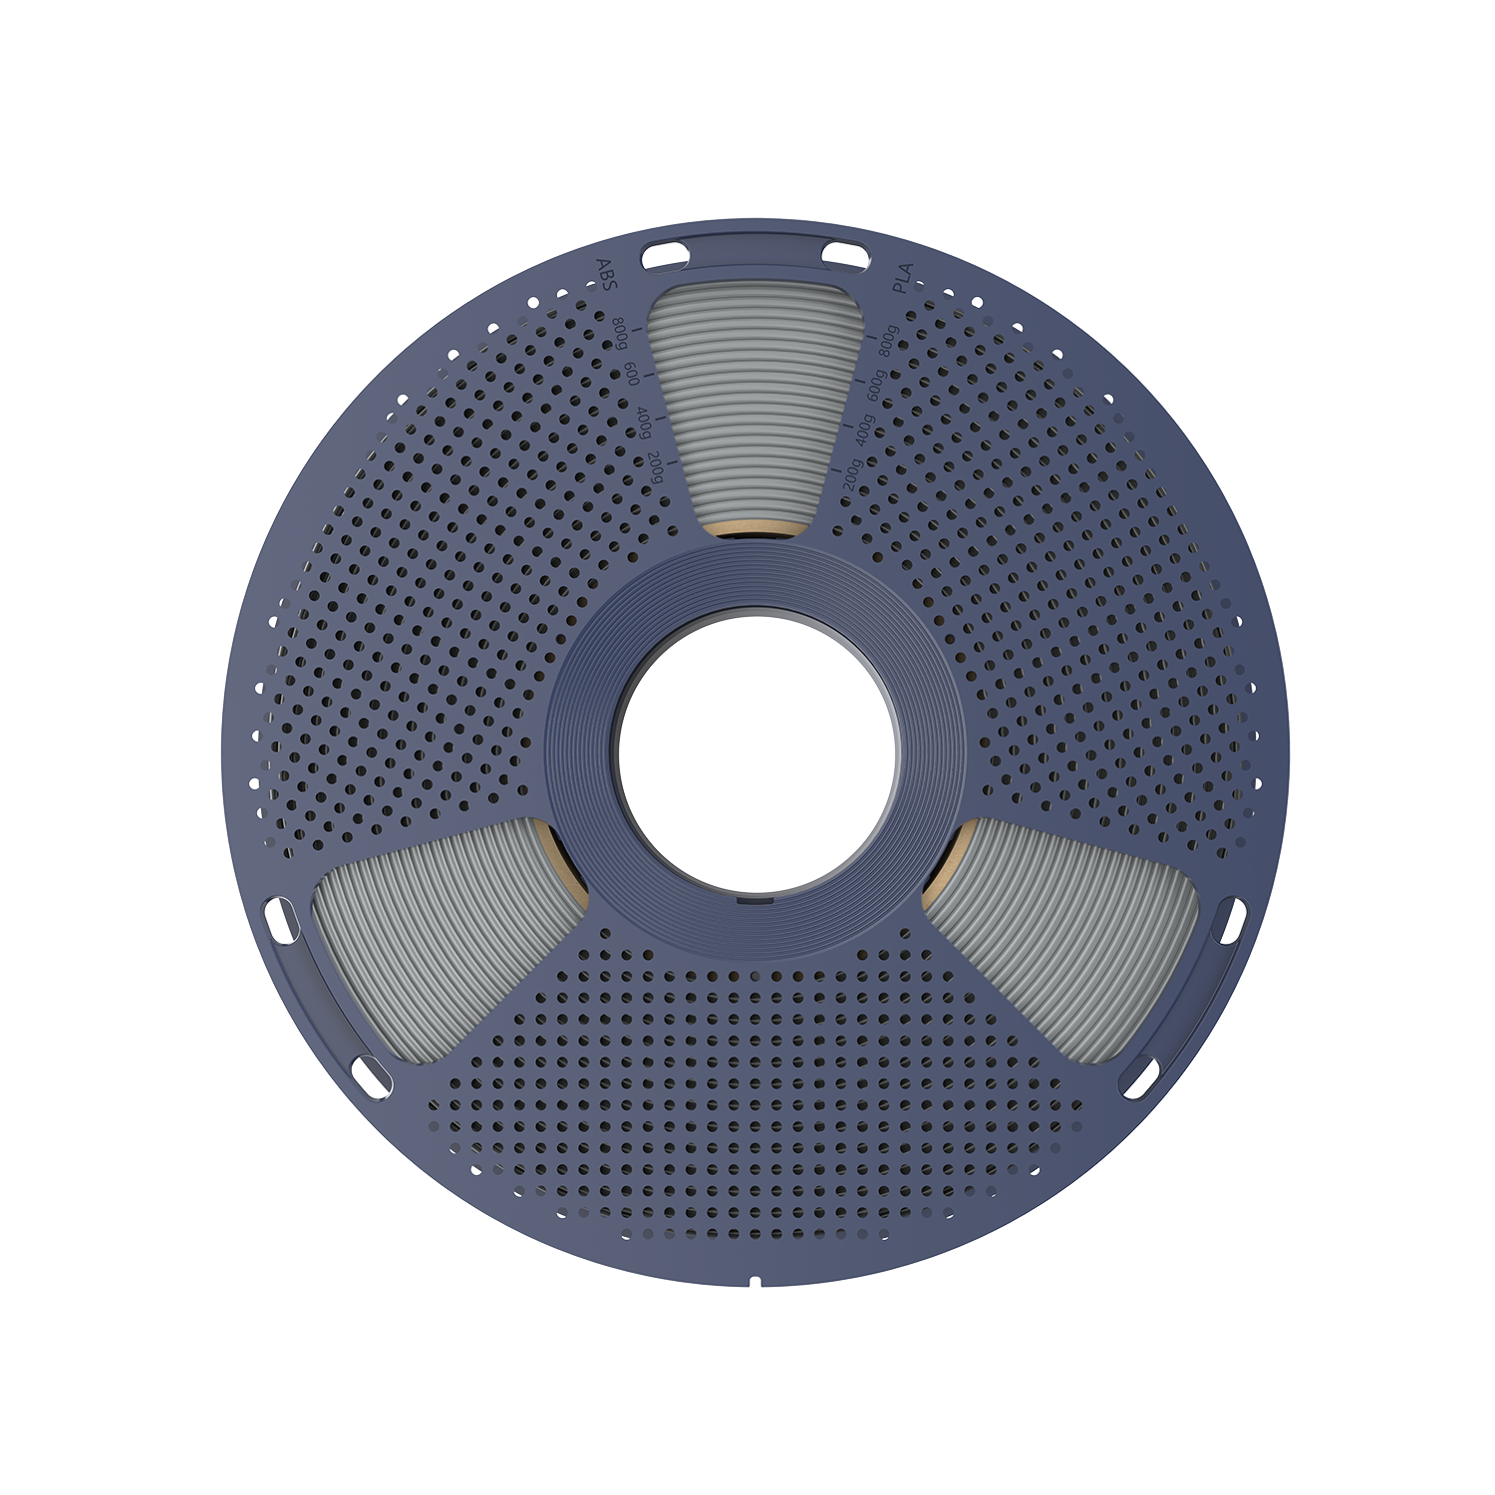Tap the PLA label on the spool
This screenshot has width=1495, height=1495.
click(902, 273)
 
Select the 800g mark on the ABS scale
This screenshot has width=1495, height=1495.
click(621, 334)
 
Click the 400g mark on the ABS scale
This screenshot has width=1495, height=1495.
click(644, 423)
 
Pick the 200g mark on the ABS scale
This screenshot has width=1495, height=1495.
click(655, 467)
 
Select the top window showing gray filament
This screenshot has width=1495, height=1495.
click(753, 399)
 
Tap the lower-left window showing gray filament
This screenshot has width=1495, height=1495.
click(429, 927)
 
